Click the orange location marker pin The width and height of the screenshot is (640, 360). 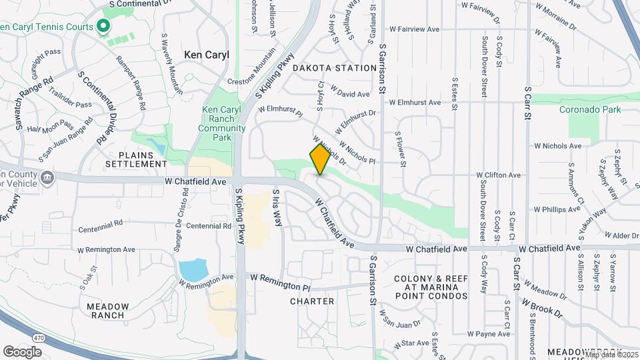(x=320, y=159)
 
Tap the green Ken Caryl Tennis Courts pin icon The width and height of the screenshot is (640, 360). (x=103, y=27)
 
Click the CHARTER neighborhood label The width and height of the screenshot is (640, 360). (x=312, y=301)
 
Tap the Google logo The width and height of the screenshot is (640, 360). (x=23, y=351)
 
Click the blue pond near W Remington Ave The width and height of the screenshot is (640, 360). (x=193, y=270)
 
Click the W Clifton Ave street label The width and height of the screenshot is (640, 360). (x=497, y=175)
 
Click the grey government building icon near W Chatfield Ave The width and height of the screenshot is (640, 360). (x=47, y=177)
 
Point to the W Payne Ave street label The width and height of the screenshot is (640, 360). (x=488, y=333)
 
